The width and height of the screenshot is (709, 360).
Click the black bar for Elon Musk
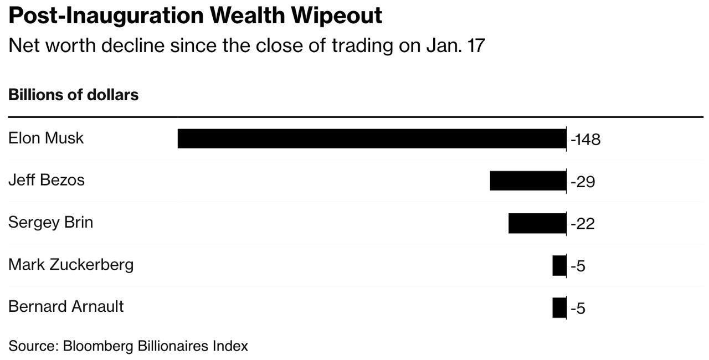(x=372, y=138)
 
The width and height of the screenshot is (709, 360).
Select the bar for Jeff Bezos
(x=528, y=181)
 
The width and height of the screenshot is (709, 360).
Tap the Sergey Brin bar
(x=537, y=223)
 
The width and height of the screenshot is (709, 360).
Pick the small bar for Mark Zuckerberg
(x=559, y=266)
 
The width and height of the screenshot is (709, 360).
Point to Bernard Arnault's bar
(x=559, y=308)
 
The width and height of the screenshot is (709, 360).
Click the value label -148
(x=585, y=139)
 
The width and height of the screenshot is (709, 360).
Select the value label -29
(x=583, y=182)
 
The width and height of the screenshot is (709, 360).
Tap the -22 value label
(x=583, y=224)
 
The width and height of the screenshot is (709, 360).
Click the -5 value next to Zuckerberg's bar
(x=578, y=266)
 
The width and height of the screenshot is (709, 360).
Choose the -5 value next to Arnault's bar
(x=578, y=308)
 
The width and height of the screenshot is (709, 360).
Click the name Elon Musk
(x=46, y=138)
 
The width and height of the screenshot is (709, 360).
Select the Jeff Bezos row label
(x=47, y=180)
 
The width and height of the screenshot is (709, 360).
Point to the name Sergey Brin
(x=50, y=223)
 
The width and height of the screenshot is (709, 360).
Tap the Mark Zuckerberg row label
(x=71, y=265)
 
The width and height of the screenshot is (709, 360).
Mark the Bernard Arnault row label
(x=66, y=306)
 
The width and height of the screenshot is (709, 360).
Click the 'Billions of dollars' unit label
(x=73, y=95)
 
